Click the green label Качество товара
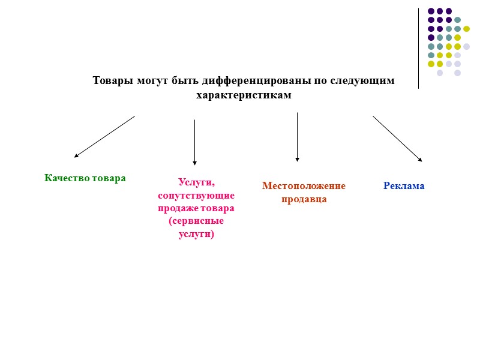[x=85, y=178]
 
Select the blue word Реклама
[x=404, y=186]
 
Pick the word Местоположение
[x=304, y=186]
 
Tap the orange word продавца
[x=304, y=199]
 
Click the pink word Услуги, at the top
[x=196, y=182]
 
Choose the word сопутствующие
[x=196, y=196]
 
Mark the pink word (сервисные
[x=196, y=221]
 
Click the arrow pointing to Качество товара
[x=104, y=137]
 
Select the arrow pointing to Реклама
[x=397, y=139]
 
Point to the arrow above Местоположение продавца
[x=297, y=137]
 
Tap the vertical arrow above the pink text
[x=194, y=142]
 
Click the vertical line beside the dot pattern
[x=418, y=48]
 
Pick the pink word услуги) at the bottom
[x=196, y=234]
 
